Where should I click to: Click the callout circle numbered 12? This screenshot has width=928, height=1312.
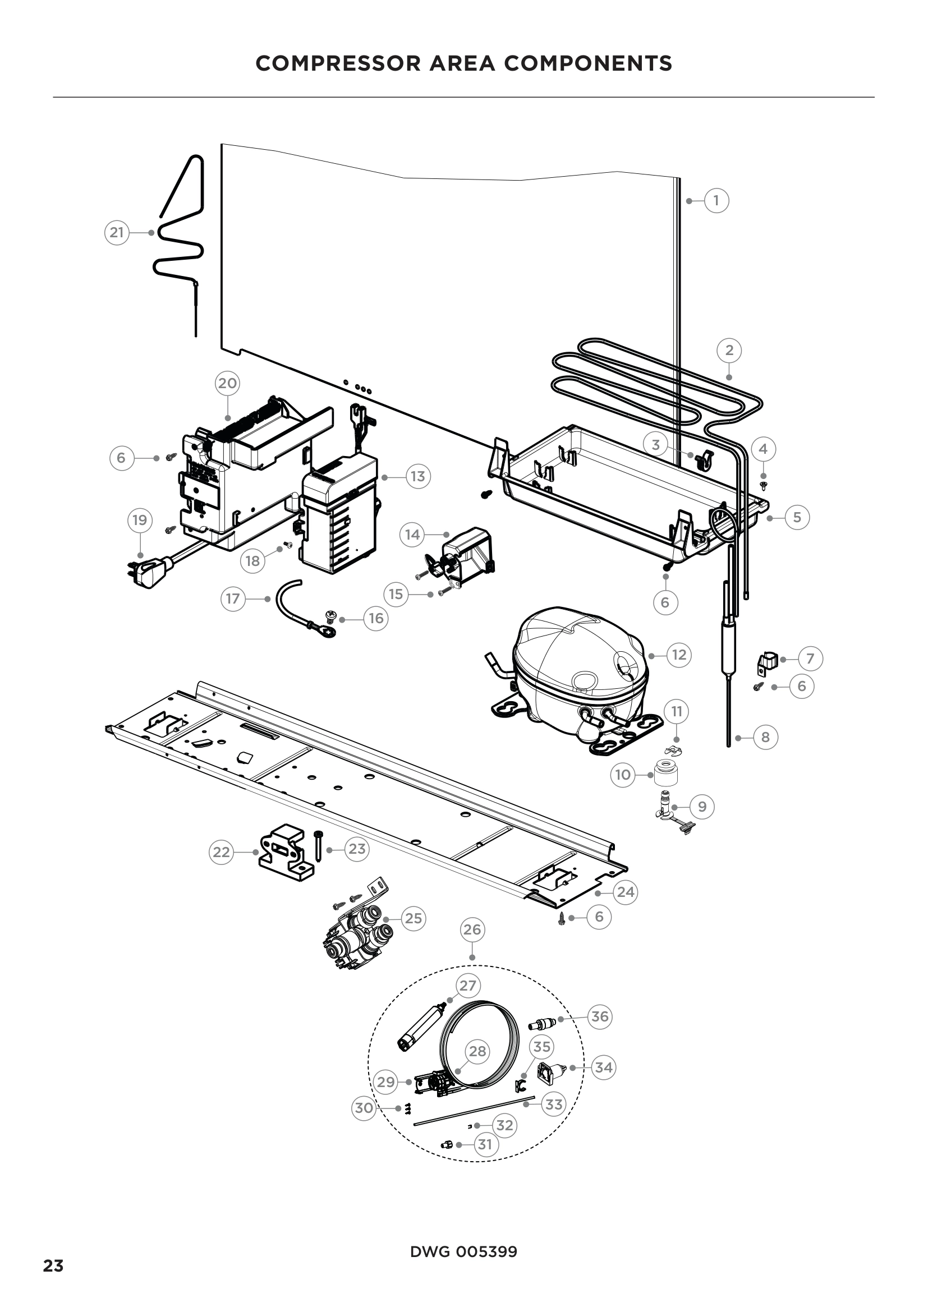[x=679, y=654]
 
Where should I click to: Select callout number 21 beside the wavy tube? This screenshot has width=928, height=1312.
[x=117, y=233]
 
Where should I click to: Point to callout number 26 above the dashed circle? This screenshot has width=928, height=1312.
[x=472, y=929]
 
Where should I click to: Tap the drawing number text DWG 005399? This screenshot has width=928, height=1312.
[x=463, y=1252]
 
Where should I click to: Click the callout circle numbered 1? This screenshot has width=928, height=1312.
[x=716, y=201]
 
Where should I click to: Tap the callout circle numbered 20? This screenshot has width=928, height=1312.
[x=227, y=383]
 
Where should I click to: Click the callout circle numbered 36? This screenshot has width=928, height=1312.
[x=599, y=1016]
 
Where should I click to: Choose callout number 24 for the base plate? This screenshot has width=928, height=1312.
[x=626, y=892]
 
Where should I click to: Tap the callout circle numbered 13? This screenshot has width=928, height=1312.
[x=418, y=476]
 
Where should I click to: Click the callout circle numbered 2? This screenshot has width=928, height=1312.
[x=729, y=349]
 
